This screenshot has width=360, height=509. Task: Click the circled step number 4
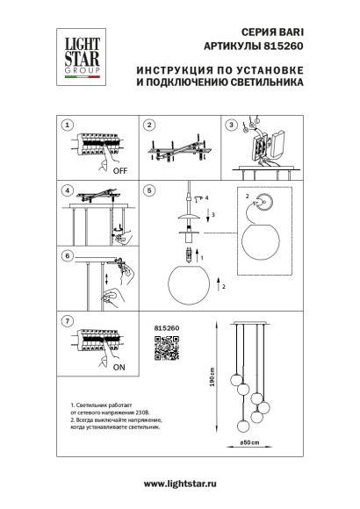point(68,190)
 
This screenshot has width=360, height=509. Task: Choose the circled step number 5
point(149,190)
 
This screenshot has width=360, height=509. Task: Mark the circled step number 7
point(68,321)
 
